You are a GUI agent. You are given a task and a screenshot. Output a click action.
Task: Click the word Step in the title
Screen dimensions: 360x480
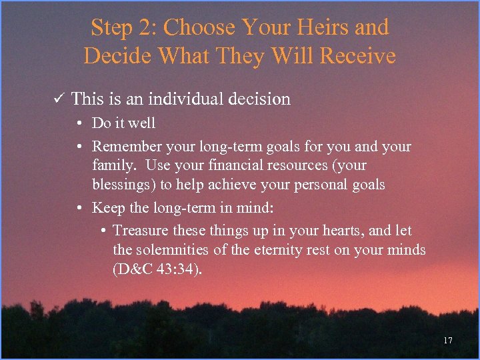click(111, 28)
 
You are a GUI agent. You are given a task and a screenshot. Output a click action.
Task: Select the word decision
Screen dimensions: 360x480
click(260, 99)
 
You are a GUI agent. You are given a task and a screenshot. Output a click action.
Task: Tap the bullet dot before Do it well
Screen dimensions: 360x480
click(79, 123)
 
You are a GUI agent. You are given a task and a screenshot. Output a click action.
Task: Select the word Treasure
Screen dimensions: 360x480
click(140, 231)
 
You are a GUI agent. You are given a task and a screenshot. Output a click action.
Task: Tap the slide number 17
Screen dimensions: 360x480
click(447, 341)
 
